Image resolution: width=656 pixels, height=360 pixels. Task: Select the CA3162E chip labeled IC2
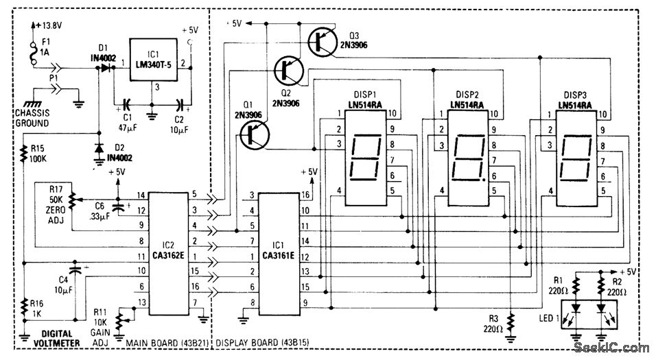click(x=167, y=253)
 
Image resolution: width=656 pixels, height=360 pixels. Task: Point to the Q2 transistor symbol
click(x=286, y=69)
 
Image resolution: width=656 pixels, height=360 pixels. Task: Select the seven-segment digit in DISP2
click(x=467, y=156)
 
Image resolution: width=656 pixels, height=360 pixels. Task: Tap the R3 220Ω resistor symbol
click(x=510, y=321)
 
